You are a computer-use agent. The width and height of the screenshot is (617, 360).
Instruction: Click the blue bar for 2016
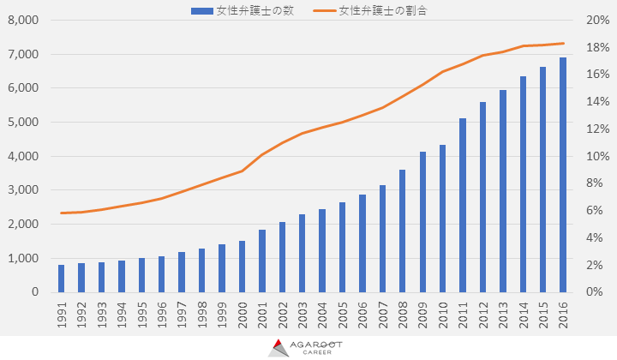click(563, 175)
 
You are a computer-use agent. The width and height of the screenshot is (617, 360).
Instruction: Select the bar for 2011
click(463, 206)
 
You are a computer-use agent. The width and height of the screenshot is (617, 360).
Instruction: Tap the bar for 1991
click(62, 279)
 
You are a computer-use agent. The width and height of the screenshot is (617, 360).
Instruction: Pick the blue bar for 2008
click(403, 231)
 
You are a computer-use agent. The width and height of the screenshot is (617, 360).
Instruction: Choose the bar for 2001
click(262, 261)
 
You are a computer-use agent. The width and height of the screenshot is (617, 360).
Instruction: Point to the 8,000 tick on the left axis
click(23, 20)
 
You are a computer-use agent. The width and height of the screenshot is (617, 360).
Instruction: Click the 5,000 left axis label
click(23, 122)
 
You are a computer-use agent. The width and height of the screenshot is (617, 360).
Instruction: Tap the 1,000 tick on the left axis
click(23, 258)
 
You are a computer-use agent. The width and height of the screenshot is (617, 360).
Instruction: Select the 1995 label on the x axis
click(142, 314)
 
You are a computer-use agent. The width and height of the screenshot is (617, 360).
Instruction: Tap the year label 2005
click(343, 314)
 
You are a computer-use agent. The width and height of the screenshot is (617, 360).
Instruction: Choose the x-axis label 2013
click(503, 314)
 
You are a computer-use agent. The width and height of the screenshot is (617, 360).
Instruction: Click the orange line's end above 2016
click(563, 43)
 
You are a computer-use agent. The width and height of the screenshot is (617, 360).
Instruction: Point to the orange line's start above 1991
click(62, 213)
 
